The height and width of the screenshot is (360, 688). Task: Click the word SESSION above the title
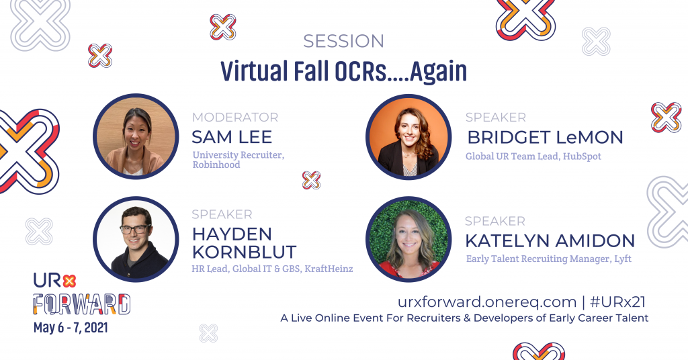click(343, 41)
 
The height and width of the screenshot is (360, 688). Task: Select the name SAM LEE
click(232, 137)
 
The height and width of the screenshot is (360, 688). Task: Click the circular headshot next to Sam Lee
click(136, 137)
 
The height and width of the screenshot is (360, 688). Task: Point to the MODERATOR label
click(234, 118)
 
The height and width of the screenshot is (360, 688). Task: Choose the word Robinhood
click(216, 165)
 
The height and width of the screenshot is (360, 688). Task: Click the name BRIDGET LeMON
click(544, 137)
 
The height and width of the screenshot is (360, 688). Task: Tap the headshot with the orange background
click(408, 137)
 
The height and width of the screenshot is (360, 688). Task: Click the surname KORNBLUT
click(244, 252)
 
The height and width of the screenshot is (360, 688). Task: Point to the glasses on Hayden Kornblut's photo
click(135, 230)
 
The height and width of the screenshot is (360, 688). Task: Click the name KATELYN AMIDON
click(550, 240)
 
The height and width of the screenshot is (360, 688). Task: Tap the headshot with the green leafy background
click(408, 239)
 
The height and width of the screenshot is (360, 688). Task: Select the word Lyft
click(622, 259)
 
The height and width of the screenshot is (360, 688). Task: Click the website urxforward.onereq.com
click(487, 302)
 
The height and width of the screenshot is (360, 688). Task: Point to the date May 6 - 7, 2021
click(71, 328)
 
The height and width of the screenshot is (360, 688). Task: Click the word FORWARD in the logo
click(82, 304)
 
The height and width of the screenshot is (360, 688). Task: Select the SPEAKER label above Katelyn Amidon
click(494, 221)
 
